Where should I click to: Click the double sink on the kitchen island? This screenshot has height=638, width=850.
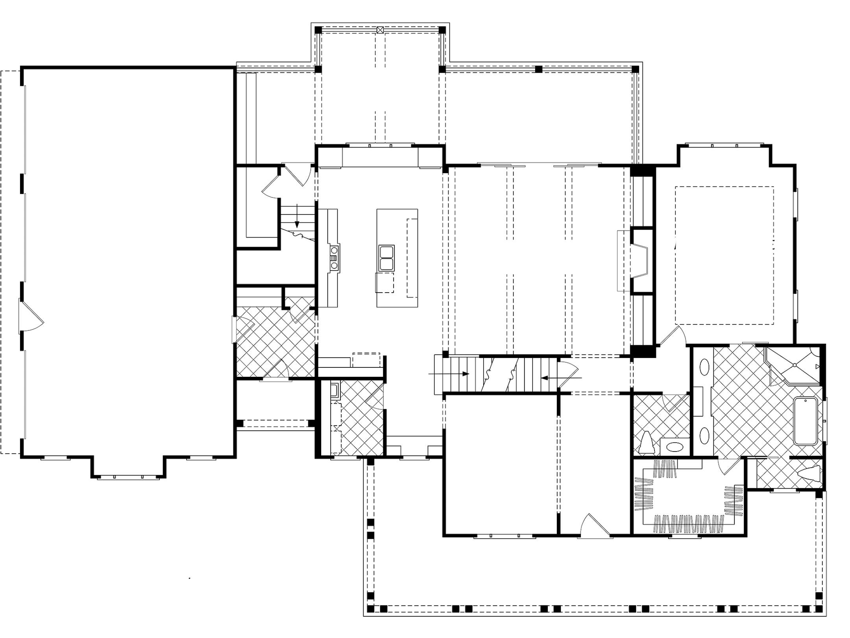(x=386, y=258)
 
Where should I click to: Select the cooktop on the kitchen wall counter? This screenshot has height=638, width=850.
(x=334, y=257)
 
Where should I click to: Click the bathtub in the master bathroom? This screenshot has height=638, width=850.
(x=806, y=421)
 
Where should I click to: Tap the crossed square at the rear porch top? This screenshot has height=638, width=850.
(x=380, y=30)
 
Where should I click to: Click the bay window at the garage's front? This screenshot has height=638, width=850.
(x=128, y=477)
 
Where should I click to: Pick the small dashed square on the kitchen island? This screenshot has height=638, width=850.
(x=384, y=283)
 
